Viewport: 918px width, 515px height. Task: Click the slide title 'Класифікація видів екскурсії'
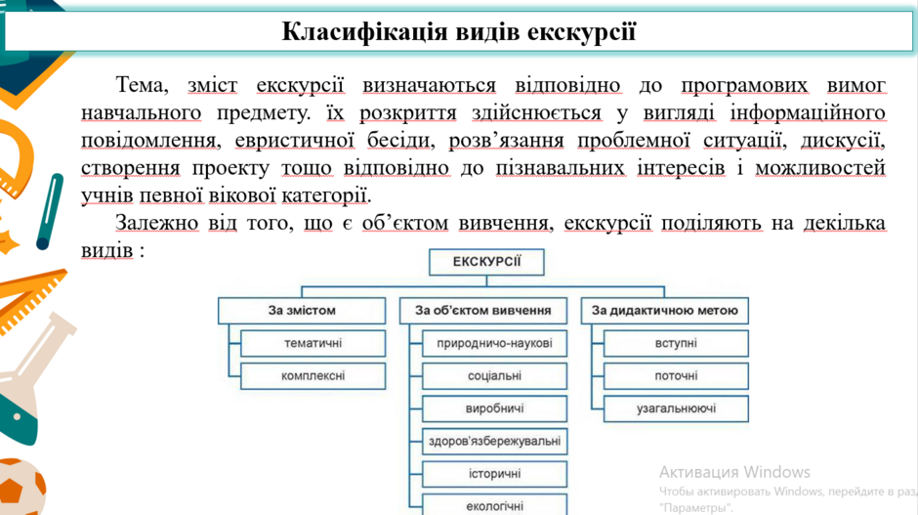pyautogui.click(x=458, y=32)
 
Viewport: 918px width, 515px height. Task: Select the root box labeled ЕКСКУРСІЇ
pyautogui.click(x=486, y=262)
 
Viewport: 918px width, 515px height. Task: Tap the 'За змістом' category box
pyautogui.click(x=302, y=311)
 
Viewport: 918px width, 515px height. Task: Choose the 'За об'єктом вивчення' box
pyautogui.click(x=483, y=311)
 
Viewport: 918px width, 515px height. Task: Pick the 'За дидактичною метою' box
pyautogui.click(x=664, y=311)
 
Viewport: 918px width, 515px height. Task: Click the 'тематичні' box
pyautogui.click(x=313, y=343)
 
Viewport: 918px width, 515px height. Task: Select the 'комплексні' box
pyautogui.click(x=313, y=376)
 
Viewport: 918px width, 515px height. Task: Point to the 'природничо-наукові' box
pyautogui.click(x=495, y=343)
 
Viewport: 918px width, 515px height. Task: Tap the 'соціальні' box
pyautogui.click(x=495, y=376)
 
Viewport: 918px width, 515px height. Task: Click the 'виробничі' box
pyautogui.click(x=495, y=408)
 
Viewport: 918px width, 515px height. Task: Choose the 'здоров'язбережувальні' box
pyautogui.click(x=495, y=441)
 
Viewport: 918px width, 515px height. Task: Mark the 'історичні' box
pyautogui.click(x=495, y=474)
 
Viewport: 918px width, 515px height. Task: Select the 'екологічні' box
pyautogui.click(x=495, y=505)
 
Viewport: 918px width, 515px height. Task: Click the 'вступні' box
pyautogui.click(x=676, y=343)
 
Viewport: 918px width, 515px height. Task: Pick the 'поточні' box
pyautogui.click(x=676, y=376)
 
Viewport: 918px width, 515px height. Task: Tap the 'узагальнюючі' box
pyautogui.click(x=676, y=408)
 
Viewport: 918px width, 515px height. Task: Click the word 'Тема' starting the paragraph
pyautogui.click(x=142, y=86)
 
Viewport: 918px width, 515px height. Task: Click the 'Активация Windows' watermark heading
pyautogui.click(x=734, y=472)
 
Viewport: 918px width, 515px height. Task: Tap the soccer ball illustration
pyautogui.click(x=21, y=488)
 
